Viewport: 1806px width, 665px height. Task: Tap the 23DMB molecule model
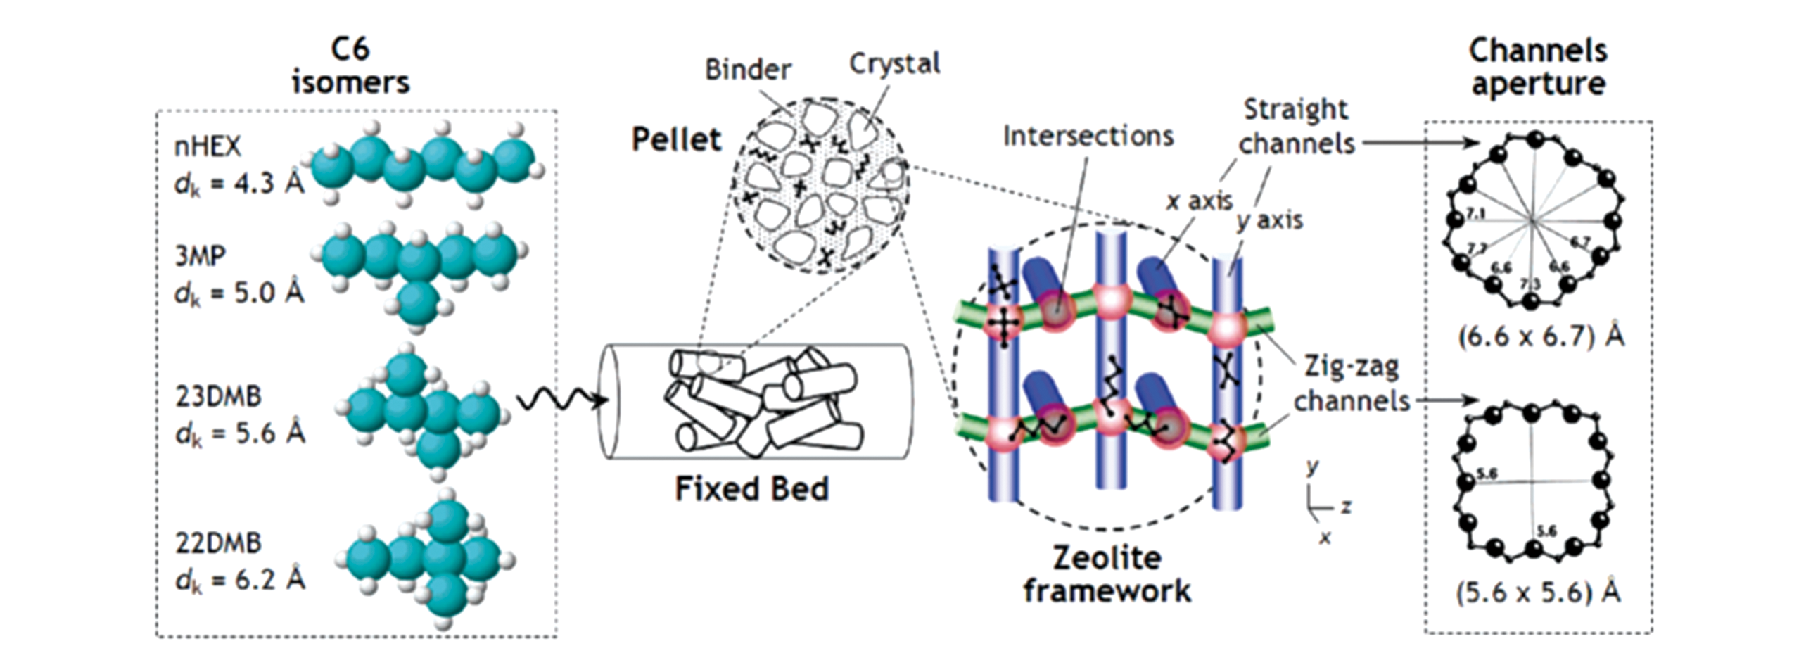tap(422, 412)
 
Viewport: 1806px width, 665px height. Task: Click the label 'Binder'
tap(747, 70)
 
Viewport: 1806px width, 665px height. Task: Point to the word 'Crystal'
tap(894, 64)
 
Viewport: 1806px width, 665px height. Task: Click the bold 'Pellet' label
tap(676, 139)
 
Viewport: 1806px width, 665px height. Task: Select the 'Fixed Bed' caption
tap(751, 489)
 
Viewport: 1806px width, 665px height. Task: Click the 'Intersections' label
tap(1088, 137)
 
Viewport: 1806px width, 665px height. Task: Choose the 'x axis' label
tap(1199, 201)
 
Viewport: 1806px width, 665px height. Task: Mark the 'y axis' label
tap(1270, 220)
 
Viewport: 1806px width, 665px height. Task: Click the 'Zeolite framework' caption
tap(1107, 574)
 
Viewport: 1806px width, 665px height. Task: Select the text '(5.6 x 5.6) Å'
tap(1538, 593)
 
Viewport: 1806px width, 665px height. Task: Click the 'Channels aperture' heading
tap(1538, 68)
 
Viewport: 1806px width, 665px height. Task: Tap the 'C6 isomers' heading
tap(350, 66)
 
